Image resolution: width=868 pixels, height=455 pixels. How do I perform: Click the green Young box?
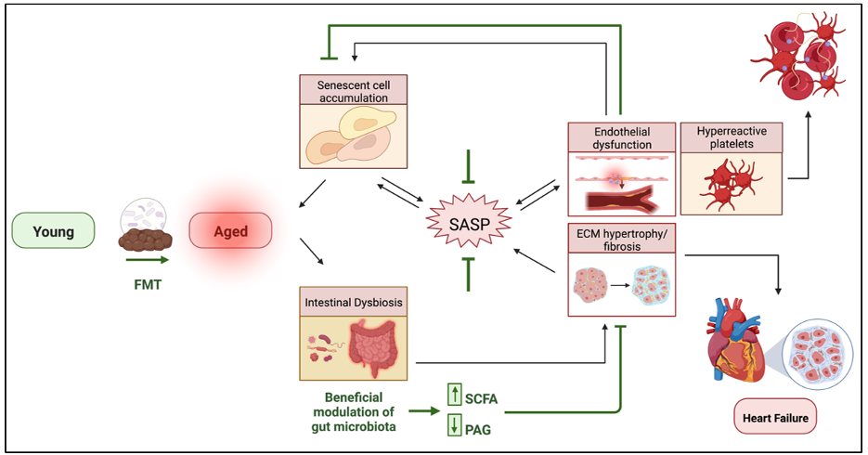pos(53,230)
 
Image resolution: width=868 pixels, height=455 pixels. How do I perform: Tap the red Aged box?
pos(230,230)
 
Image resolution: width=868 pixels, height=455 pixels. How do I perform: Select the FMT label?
pos(148,284)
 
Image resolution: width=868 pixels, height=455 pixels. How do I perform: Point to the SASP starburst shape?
pos(469,224)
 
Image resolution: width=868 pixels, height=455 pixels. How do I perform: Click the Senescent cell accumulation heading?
pos(353,91)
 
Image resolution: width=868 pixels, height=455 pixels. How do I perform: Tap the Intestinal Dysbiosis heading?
pos(353,303)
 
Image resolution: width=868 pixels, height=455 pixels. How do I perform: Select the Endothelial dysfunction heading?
pos(622,137)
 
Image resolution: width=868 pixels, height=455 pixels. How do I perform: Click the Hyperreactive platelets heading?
pos(732,137)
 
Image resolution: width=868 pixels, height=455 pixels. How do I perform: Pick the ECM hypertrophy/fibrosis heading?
pos(622,240)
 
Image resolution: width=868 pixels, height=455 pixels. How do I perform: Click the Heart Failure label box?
pos(775,417)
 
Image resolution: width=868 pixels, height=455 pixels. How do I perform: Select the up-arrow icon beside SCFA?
pos(455,394)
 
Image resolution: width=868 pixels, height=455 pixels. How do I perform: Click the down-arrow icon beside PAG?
pos(455,424)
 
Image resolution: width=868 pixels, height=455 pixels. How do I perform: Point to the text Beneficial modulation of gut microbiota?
pos(354,412)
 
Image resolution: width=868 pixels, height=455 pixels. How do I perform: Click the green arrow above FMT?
pos(148,260)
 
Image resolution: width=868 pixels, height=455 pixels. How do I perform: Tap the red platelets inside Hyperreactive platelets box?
pos(731,183)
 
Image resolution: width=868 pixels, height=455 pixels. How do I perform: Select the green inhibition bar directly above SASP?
pos(468,166)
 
